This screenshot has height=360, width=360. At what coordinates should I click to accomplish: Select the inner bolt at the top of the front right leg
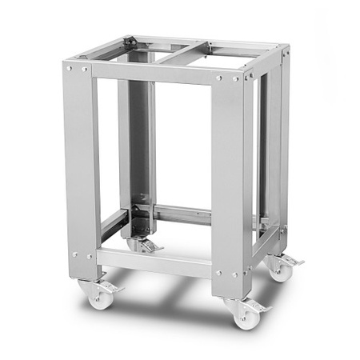pyautogui.click(x=218, y=78)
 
